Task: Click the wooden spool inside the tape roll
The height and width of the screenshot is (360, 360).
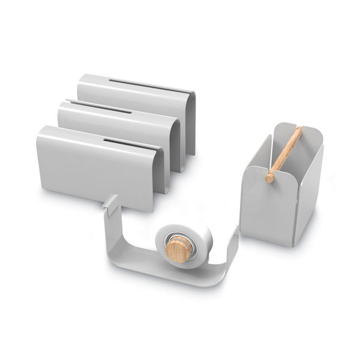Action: (178, 249)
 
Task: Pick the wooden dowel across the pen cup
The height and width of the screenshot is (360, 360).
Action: (285, 153)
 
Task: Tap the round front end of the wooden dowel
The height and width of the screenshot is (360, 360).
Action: (270, 178)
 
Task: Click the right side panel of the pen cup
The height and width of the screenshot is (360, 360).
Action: (309, 192)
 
